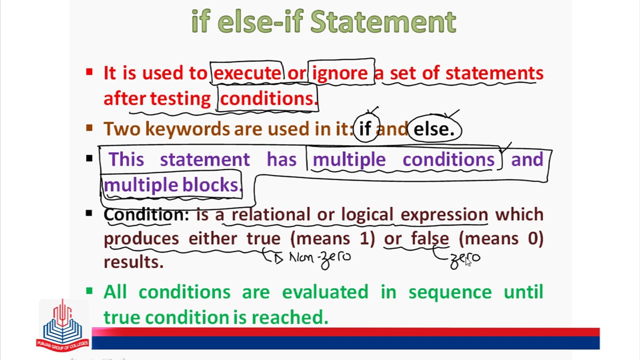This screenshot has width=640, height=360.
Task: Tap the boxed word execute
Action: [x=247, y=73]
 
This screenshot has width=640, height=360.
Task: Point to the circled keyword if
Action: [x=365, y=128]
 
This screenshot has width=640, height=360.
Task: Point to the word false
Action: [x=430, y=238]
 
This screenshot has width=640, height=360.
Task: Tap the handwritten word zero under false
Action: [x=465, y=260]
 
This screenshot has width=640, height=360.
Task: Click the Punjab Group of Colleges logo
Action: [x=63, y=325]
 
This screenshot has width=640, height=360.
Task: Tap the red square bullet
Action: [x=89, y=72]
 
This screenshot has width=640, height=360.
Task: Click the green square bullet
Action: [x=89, y=291]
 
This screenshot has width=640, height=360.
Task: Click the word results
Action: [x=134, y=262]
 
